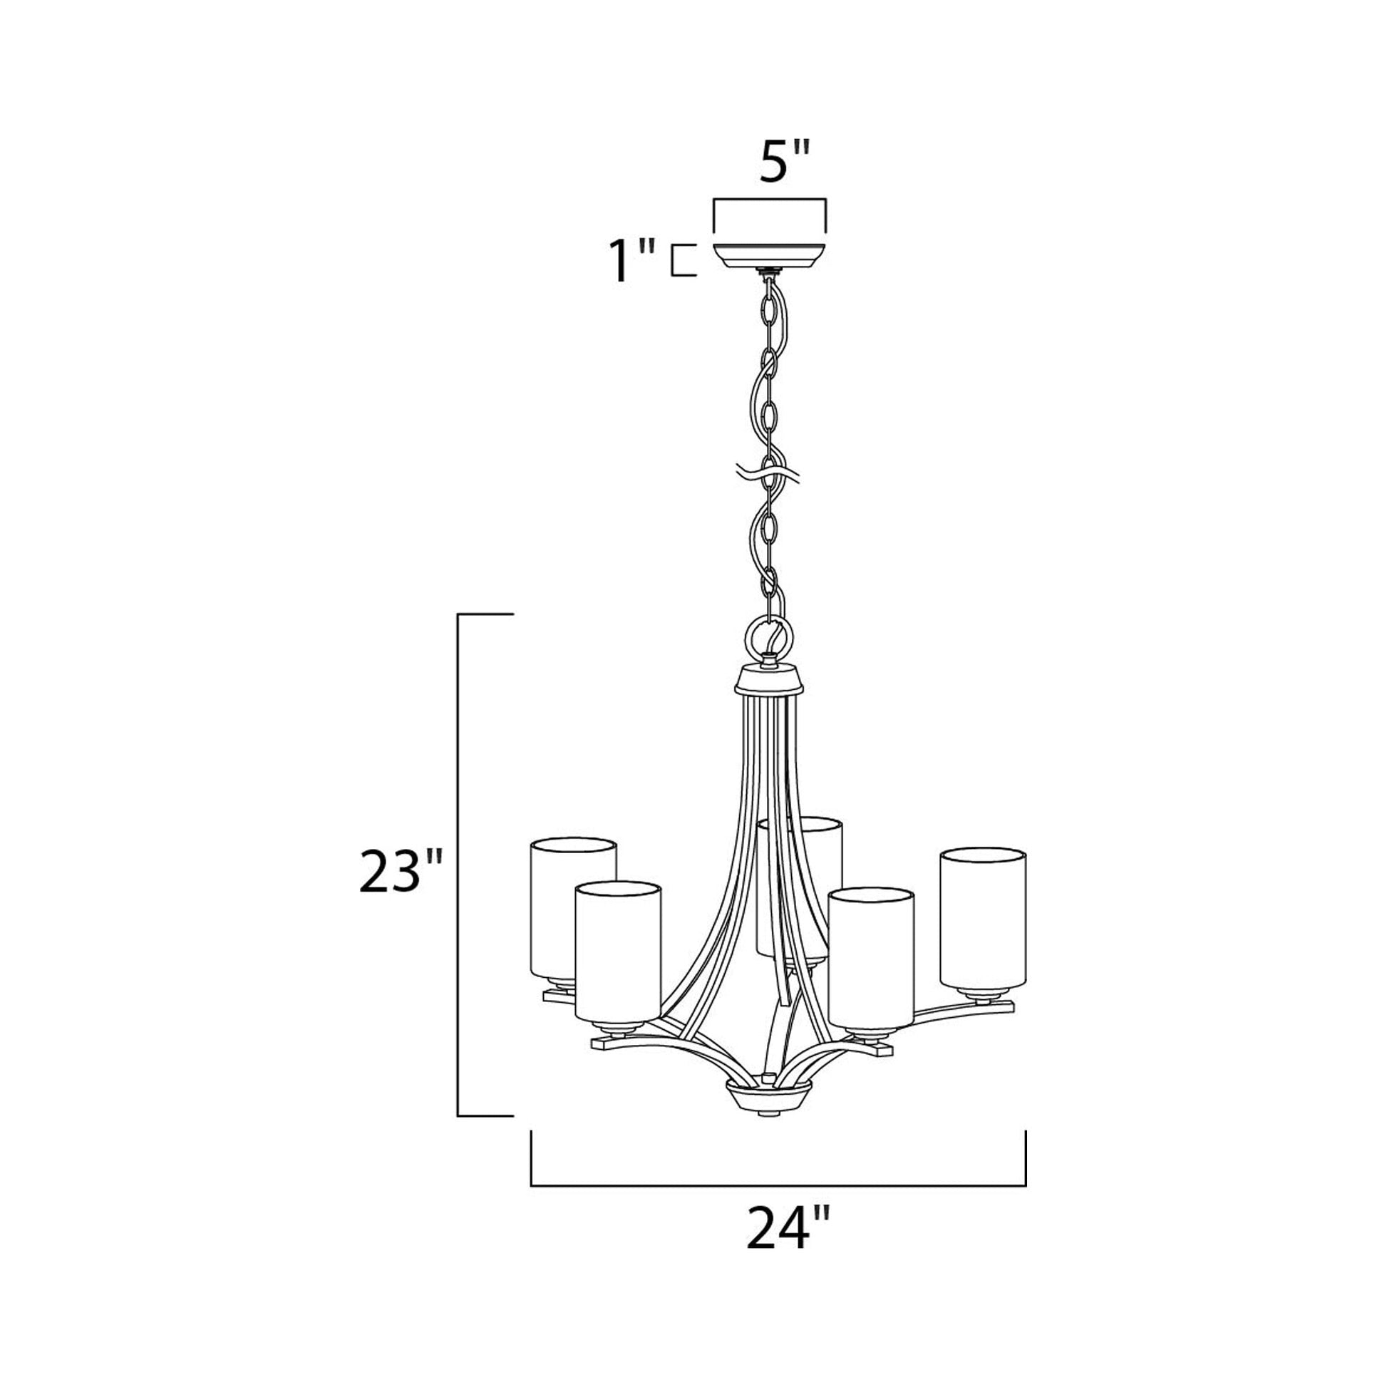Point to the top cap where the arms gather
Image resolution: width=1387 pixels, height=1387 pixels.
tap(770, 679)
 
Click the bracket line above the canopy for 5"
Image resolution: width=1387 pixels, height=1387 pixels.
tap(769, 200)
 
